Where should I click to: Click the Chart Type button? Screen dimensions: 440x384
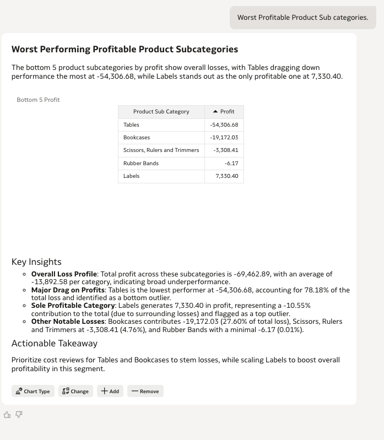point(33,391)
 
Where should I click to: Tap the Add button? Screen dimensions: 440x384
point(110,391)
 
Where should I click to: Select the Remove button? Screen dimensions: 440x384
point(145,391)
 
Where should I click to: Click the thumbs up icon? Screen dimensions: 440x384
point(8,415)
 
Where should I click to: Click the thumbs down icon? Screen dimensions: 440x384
point(19,415)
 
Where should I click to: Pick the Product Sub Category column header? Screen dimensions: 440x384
point(161,112)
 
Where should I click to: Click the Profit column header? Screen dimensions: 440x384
point(224,112)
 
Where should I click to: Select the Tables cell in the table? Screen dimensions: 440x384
point(132,125)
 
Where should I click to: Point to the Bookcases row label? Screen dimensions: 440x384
point(137,138)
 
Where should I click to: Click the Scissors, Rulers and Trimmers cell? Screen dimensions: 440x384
point(161,150)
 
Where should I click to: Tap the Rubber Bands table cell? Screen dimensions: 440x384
point(141,164)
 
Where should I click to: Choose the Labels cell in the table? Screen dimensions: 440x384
point(132,176)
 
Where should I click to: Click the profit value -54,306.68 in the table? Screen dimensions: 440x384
point(224,125)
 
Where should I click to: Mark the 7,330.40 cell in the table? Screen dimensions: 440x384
point(227,176)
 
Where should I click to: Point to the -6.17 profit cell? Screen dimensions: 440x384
point(231,164)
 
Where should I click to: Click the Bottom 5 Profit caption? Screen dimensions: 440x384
point(38,100)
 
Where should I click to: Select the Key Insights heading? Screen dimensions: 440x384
point(36,262)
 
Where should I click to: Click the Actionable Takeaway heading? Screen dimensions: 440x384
point(55,344)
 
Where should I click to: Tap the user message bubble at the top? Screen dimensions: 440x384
point(302,18)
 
